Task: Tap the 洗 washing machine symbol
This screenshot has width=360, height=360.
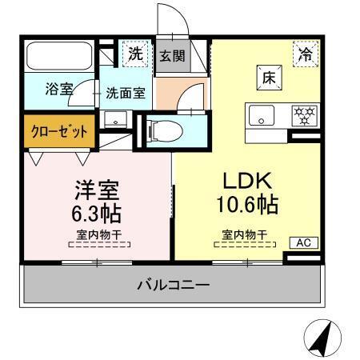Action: tap(136, 55)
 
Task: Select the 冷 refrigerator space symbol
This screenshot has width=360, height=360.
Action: tap(305, 54)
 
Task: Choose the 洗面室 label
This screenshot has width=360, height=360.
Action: tap(126, 93)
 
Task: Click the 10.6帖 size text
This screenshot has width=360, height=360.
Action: tap(246, 205)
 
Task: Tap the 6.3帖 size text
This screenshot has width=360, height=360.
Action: tap(97, 214)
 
